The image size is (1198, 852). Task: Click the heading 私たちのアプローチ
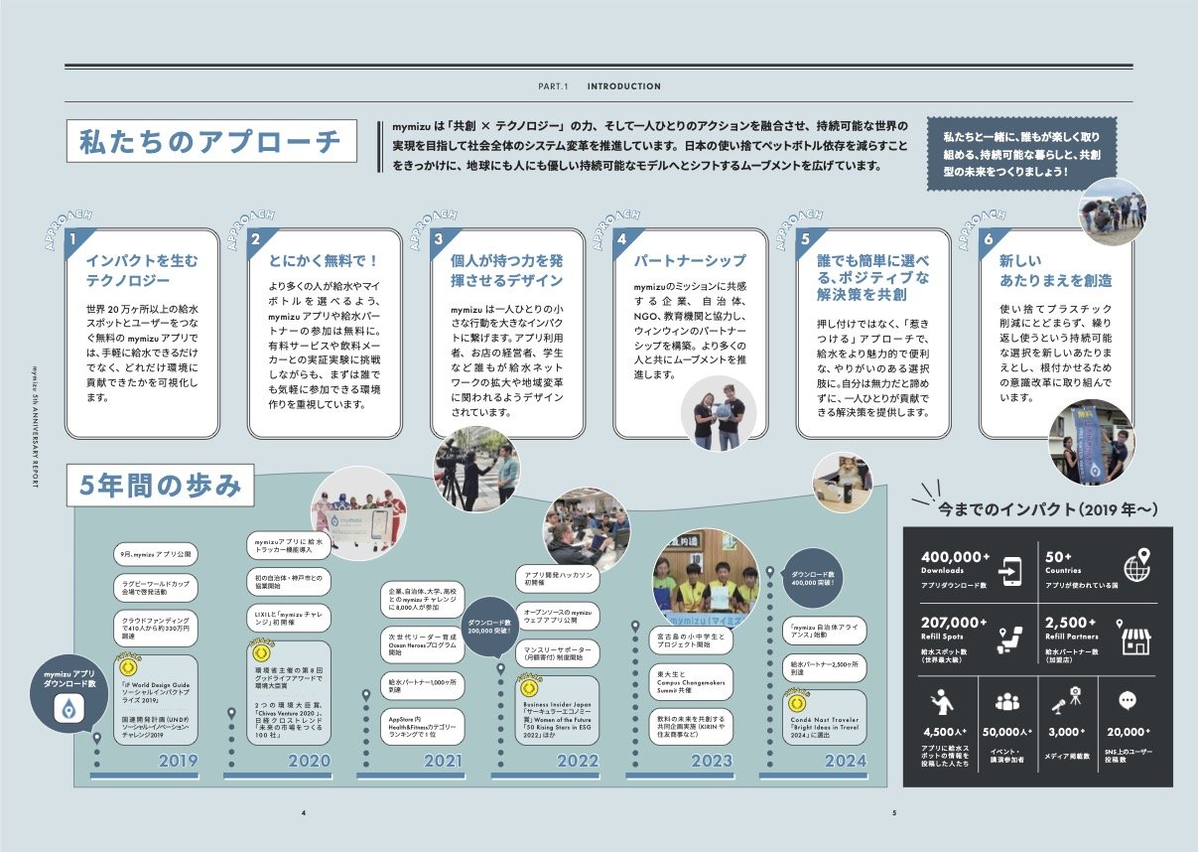tap(209, 141)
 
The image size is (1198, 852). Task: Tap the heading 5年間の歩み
tap(160, 487)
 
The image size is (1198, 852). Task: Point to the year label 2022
tap(566, 762)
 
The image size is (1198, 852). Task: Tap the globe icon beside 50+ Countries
tap(1136, 567)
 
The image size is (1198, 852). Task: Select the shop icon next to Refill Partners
tap(1136, 640)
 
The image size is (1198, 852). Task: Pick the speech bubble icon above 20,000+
tap(1127, 700)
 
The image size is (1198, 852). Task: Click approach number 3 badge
tap(439, 239)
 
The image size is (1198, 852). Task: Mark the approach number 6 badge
tap(988, 239)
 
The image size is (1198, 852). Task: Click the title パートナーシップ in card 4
tap(690, 261)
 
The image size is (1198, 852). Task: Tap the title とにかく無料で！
tap(324, 261)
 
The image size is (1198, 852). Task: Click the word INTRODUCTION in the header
tap(623, 86)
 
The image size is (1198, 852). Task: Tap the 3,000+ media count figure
tap(1066, 732)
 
